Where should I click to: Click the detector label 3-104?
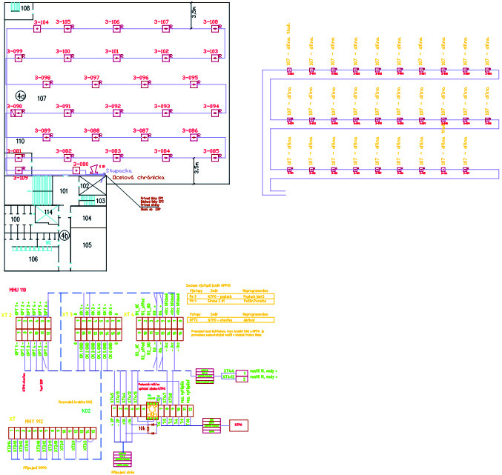tap(42, 23)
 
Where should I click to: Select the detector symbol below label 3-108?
tap(214, 30)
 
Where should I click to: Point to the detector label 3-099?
tap(15, 51)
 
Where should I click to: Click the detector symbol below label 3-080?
tap(75, 170)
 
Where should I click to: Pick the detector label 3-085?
tap(211, 151)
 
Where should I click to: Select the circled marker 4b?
tap(65, 236)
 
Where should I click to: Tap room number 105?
tap(87, 245)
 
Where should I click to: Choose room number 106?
tap(33, 259)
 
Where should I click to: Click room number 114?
tap(48, 213)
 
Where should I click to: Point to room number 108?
tap(26, 8)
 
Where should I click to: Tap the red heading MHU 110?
tap(19, 289)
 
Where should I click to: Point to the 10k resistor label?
tap(141, 428)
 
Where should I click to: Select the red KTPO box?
tap(239, 425)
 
